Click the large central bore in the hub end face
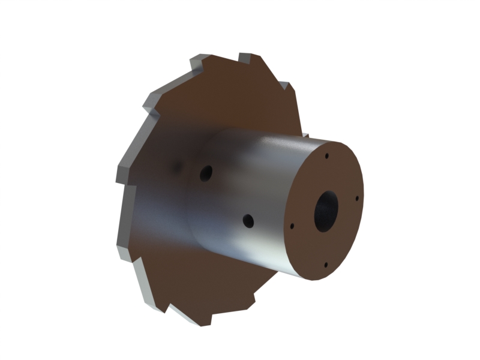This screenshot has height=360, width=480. (326, 211)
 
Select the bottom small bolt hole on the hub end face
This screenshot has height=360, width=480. (325, 265)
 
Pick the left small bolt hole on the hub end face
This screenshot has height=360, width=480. (292, 227)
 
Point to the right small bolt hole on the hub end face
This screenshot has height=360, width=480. (357, 197)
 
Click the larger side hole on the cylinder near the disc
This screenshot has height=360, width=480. (206, 173)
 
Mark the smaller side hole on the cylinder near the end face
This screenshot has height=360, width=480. (248, 221)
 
